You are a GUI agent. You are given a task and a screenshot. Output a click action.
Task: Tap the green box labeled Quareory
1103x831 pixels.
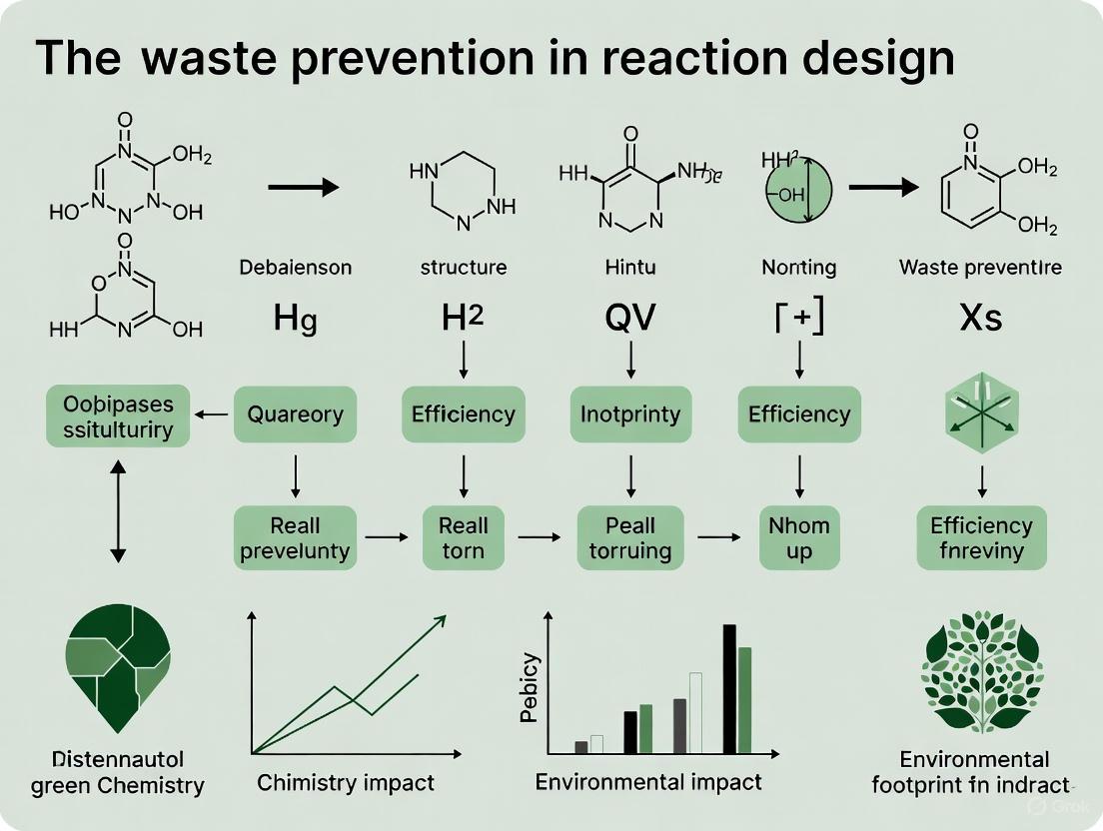(x=296, y=415)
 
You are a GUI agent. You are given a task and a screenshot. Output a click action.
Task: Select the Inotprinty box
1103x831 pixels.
(x=630, y=415)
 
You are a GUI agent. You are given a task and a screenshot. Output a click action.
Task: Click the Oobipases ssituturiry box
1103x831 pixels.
(x=118, y=416)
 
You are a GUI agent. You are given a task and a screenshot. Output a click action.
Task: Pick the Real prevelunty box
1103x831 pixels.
(x=296, y=537)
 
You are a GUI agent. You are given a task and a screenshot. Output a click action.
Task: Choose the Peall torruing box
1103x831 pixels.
(x=630, y=537)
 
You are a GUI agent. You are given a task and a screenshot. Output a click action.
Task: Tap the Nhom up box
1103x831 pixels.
(x=799, y=537)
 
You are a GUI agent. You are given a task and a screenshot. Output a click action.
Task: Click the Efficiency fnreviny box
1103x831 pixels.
(x=981, y=537)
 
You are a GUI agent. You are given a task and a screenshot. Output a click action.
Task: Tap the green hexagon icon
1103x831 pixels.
(x=981, y=413)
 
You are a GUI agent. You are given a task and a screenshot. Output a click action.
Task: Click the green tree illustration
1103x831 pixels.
(x=981, y=669)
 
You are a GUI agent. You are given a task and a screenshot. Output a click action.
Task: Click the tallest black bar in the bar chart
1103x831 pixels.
(x=729, y=688)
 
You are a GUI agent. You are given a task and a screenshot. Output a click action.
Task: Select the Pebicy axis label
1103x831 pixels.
(x=531, y=687)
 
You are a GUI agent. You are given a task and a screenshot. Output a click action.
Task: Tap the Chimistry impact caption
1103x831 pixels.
(x=346, y=782)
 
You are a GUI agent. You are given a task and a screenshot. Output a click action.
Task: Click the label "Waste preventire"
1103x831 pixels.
(x=980, y=267)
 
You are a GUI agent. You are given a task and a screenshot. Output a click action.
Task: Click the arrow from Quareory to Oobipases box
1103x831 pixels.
(x=212, y=415)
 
